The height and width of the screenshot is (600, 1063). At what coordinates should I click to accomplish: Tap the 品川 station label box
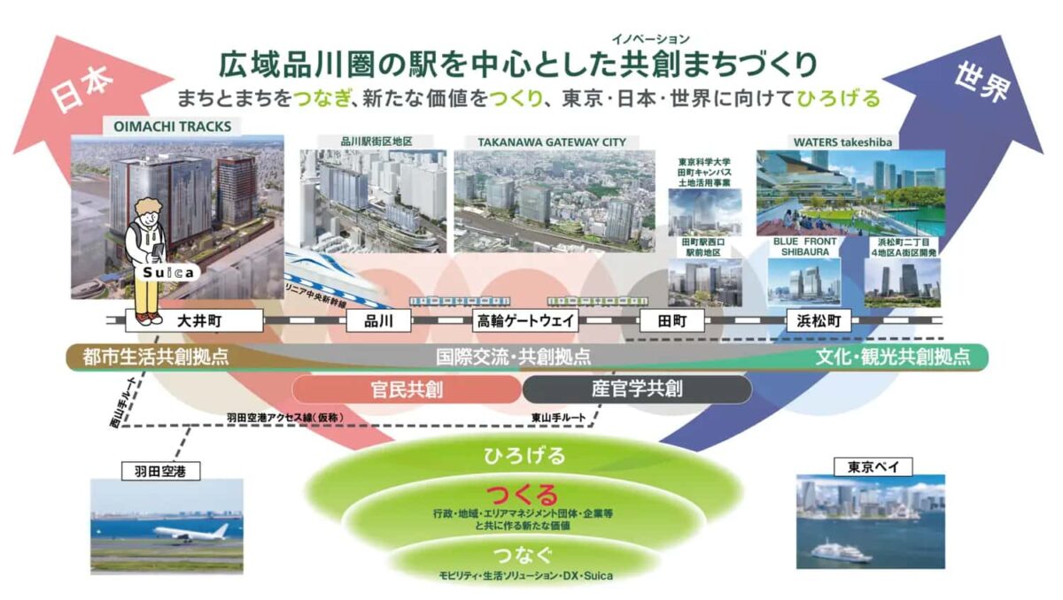point(377,320)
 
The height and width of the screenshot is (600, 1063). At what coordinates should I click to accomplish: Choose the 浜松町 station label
point(819,320)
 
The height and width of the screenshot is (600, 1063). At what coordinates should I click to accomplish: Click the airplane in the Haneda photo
point(190,532)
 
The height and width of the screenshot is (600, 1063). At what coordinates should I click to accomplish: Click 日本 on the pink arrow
point(84,88)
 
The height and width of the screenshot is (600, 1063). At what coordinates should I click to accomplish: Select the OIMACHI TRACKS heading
point(167,127)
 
